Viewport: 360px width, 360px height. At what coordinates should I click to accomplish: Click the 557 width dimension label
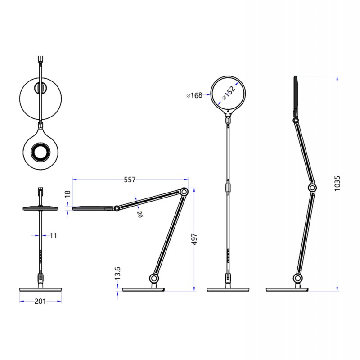pos(130,180)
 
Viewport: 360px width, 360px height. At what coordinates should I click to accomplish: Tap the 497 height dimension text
pos(195,239)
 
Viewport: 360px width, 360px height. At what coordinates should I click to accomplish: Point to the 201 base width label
pos(40,301)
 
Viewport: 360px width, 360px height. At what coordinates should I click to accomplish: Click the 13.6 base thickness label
pos(118,273)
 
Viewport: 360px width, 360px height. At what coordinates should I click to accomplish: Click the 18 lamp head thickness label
pos(67,194)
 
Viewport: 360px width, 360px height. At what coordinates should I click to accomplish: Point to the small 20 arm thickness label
pos(139,215)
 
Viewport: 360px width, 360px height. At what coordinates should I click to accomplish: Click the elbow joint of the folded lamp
pos(184,191)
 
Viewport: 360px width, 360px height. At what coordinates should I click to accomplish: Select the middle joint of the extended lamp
pos(312,187)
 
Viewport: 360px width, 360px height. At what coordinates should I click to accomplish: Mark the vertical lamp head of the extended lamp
pos(296,95)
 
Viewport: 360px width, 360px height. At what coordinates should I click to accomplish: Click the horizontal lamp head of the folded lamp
pos(92,208)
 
